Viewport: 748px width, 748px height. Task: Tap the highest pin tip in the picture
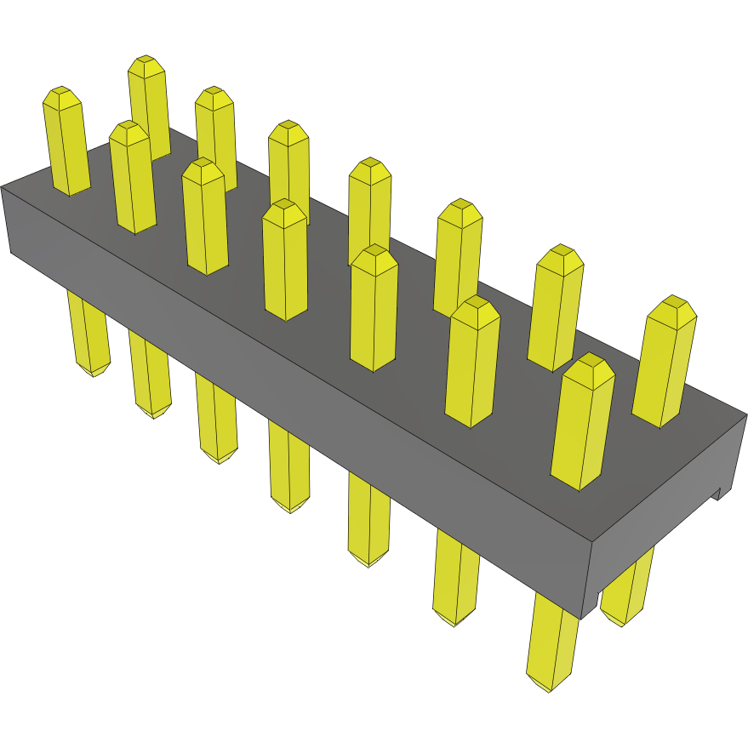(x=146, y=64)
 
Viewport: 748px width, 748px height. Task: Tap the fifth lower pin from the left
(x=368, y=523)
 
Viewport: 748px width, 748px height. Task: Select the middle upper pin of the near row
(x=285, y=260)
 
